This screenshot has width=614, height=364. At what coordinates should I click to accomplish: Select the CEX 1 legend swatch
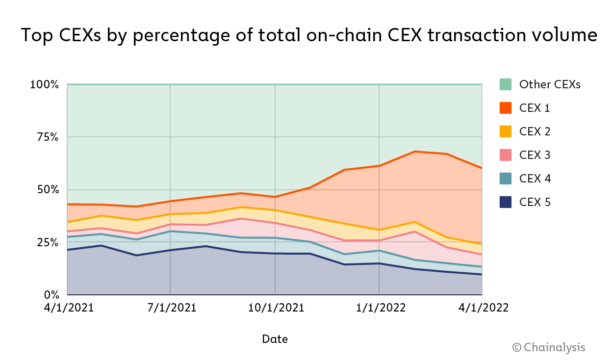pos(506,108)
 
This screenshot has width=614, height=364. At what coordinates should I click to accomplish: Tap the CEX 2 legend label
pos(535,131)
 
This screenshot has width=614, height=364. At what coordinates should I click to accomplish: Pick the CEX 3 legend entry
pos(535,155)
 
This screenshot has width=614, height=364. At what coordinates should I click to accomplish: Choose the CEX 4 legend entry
pos(535,179)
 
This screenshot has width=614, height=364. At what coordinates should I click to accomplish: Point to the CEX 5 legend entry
pos(535,202)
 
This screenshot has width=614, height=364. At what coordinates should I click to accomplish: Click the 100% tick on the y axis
pos(44,85)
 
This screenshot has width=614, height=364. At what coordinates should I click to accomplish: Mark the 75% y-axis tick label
pos(48,137)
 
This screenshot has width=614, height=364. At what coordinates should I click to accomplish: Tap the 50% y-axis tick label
pos(48,190)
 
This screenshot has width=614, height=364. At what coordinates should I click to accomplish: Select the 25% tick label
pos(48,243)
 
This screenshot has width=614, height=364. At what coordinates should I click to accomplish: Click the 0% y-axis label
pos(51,295)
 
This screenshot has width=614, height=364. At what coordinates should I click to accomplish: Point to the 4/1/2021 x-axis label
pos(67,308)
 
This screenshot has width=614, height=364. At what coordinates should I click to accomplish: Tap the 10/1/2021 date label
pos(275,308)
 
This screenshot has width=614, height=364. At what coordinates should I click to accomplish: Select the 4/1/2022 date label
pos(483,308)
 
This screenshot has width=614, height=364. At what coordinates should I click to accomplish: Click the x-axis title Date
pos(275,339)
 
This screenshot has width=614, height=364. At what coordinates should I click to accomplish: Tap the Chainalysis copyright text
pos(549,347)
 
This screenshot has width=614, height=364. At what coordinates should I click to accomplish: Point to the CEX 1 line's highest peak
pos(415,152)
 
